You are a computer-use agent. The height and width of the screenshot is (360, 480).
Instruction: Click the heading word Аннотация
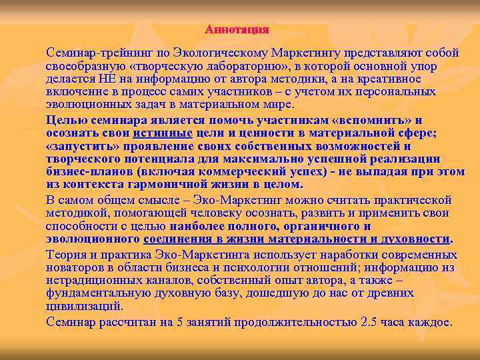point(237,29)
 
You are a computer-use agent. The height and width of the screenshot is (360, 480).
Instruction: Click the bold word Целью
point(65,121)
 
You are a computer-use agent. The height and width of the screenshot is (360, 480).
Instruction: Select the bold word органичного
point(305,226)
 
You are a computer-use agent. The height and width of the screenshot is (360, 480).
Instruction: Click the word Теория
point(65,255)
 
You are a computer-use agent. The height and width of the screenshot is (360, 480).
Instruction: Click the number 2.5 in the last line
point(370,322)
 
